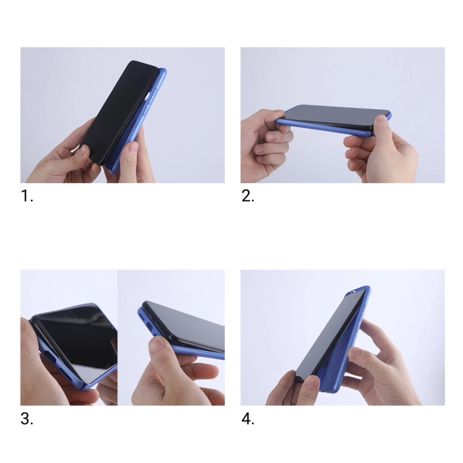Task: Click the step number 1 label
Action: pyautogui.click(x=26, y=196)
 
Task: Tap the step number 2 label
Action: pyautogui.click(x=247, y=196)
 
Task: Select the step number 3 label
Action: pyautogui.click(x=26, y=419)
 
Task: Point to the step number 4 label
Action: pyautogui.click(x=247, y=419)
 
